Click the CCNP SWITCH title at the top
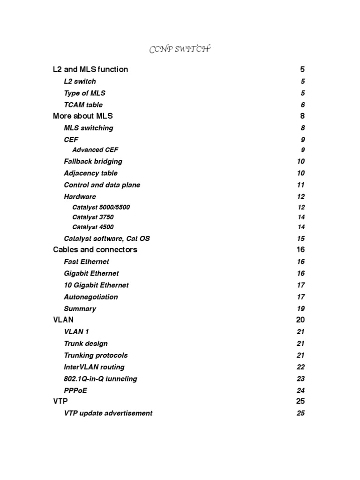click(x=180, y=50)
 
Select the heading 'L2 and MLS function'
click(x=90, y=69)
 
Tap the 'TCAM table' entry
click(x=83, y=105)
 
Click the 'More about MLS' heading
click(x=83, y=116)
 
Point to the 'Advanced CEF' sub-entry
click(x=95, y=150)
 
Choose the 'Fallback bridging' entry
click(x=93, y=161)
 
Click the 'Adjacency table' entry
click(x=90, y=173)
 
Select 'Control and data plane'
click(x=102, y=185)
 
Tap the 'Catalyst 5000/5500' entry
click(x=101, y=207)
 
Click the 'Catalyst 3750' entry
click(x=93, y=217)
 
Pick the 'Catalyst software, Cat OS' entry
click(x=107, y=239)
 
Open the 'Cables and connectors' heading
click(x=95, y=250)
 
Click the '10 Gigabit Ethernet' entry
click(x=96, y=285)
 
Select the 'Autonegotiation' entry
click(x=91, y=297)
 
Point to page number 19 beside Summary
click(x=300, y=309)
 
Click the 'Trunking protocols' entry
click(x=96, y=355)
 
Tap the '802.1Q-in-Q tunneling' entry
click(x=100, y=379)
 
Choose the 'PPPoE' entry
click(x=75, y=390)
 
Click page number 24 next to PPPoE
click(x=300, y=390)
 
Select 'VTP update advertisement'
click(x=108, y=413)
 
